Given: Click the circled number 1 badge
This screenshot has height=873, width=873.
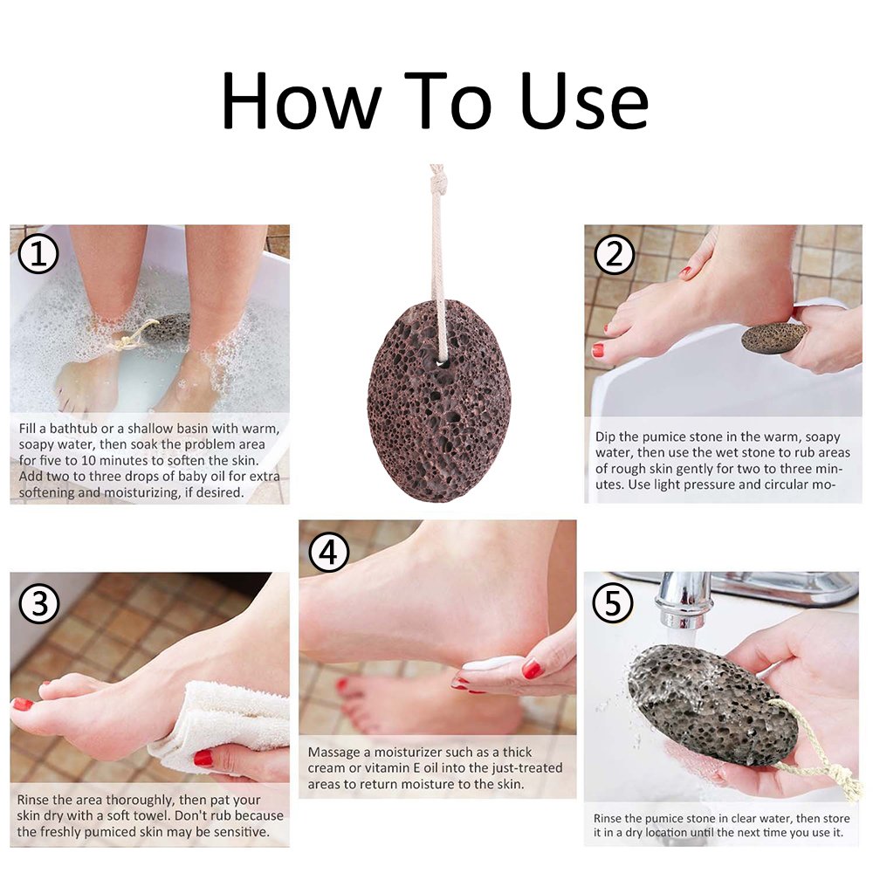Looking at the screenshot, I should pos(38,254).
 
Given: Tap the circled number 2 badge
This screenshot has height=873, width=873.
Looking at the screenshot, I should pos(615,254).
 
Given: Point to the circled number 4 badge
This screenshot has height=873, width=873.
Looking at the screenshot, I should pos(328,551).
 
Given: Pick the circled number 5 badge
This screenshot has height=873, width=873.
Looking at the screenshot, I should pos(614,603).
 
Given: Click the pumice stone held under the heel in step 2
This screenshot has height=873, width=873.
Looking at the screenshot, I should pos(773,336).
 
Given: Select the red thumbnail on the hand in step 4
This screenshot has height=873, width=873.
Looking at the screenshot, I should pos(532,669).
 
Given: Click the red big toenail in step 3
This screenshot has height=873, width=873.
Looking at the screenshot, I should pos(22,704).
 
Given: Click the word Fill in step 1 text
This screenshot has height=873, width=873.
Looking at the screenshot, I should pos(30,429).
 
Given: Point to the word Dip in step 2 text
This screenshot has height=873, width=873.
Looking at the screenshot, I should pos(606,436).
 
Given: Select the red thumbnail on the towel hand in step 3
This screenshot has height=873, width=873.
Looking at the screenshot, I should pos(203,757).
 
